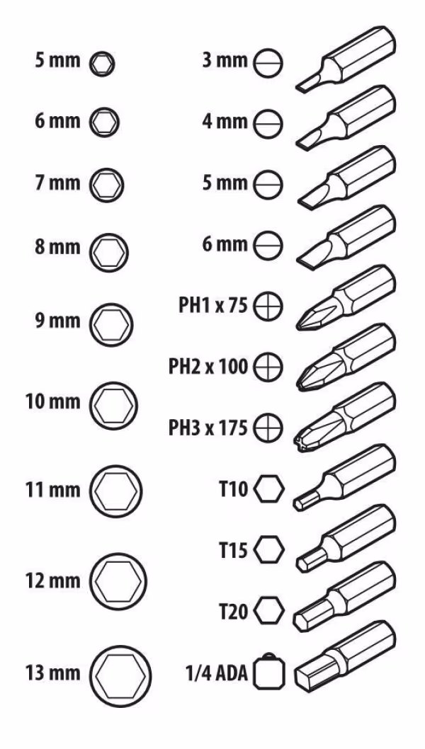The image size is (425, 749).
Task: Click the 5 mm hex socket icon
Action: (x=102, y=63)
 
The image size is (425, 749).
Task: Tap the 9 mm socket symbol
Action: (x=111, y=324)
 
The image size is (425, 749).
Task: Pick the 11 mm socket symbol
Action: (x=115, y=491)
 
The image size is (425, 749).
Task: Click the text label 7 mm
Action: (x=57, y=183)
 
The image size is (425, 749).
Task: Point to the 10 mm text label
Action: (x=52, y=402)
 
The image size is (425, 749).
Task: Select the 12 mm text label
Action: (x=52, y=581)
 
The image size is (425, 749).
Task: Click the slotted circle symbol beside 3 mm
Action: (x=268, y=63)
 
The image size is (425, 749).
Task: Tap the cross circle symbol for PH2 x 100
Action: (x=268, y=368)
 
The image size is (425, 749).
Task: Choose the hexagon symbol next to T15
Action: (x=269, y=550)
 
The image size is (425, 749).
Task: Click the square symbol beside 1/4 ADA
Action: (x=269, y=672)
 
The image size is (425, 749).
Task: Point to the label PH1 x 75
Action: (x=213, y=305)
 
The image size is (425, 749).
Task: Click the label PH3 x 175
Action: (x=208, y=428)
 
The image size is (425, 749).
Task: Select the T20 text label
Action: (x=233, y=612)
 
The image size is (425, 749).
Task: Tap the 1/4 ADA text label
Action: (x=217, y=673)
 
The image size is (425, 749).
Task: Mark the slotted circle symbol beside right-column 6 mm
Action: (x=268, y=246)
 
